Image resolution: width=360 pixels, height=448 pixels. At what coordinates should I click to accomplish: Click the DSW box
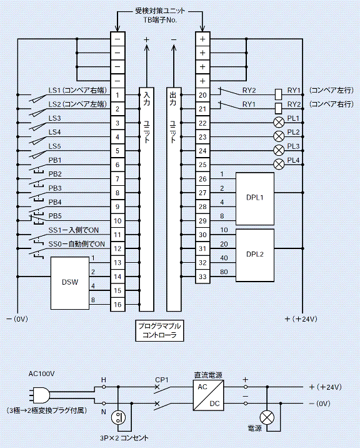(x=70, y=283)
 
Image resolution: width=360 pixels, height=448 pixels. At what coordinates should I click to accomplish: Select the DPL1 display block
(x=254, y=198)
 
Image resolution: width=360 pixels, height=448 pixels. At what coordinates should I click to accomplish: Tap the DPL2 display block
(x=254, y=255)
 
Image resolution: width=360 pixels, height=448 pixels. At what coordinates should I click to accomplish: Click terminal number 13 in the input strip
(x=117, y=263)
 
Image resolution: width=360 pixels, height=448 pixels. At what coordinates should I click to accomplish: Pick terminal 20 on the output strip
(x=202, y=95)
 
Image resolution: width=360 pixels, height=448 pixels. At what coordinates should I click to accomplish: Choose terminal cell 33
(x=202, y=277)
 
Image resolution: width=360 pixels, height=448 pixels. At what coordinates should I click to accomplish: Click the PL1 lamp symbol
(x=279, y=123)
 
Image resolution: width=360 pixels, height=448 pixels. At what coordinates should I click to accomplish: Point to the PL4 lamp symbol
(x=279, y=165)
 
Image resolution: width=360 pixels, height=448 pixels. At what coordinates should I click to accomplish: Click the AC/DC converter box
(x=208, y=395)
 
